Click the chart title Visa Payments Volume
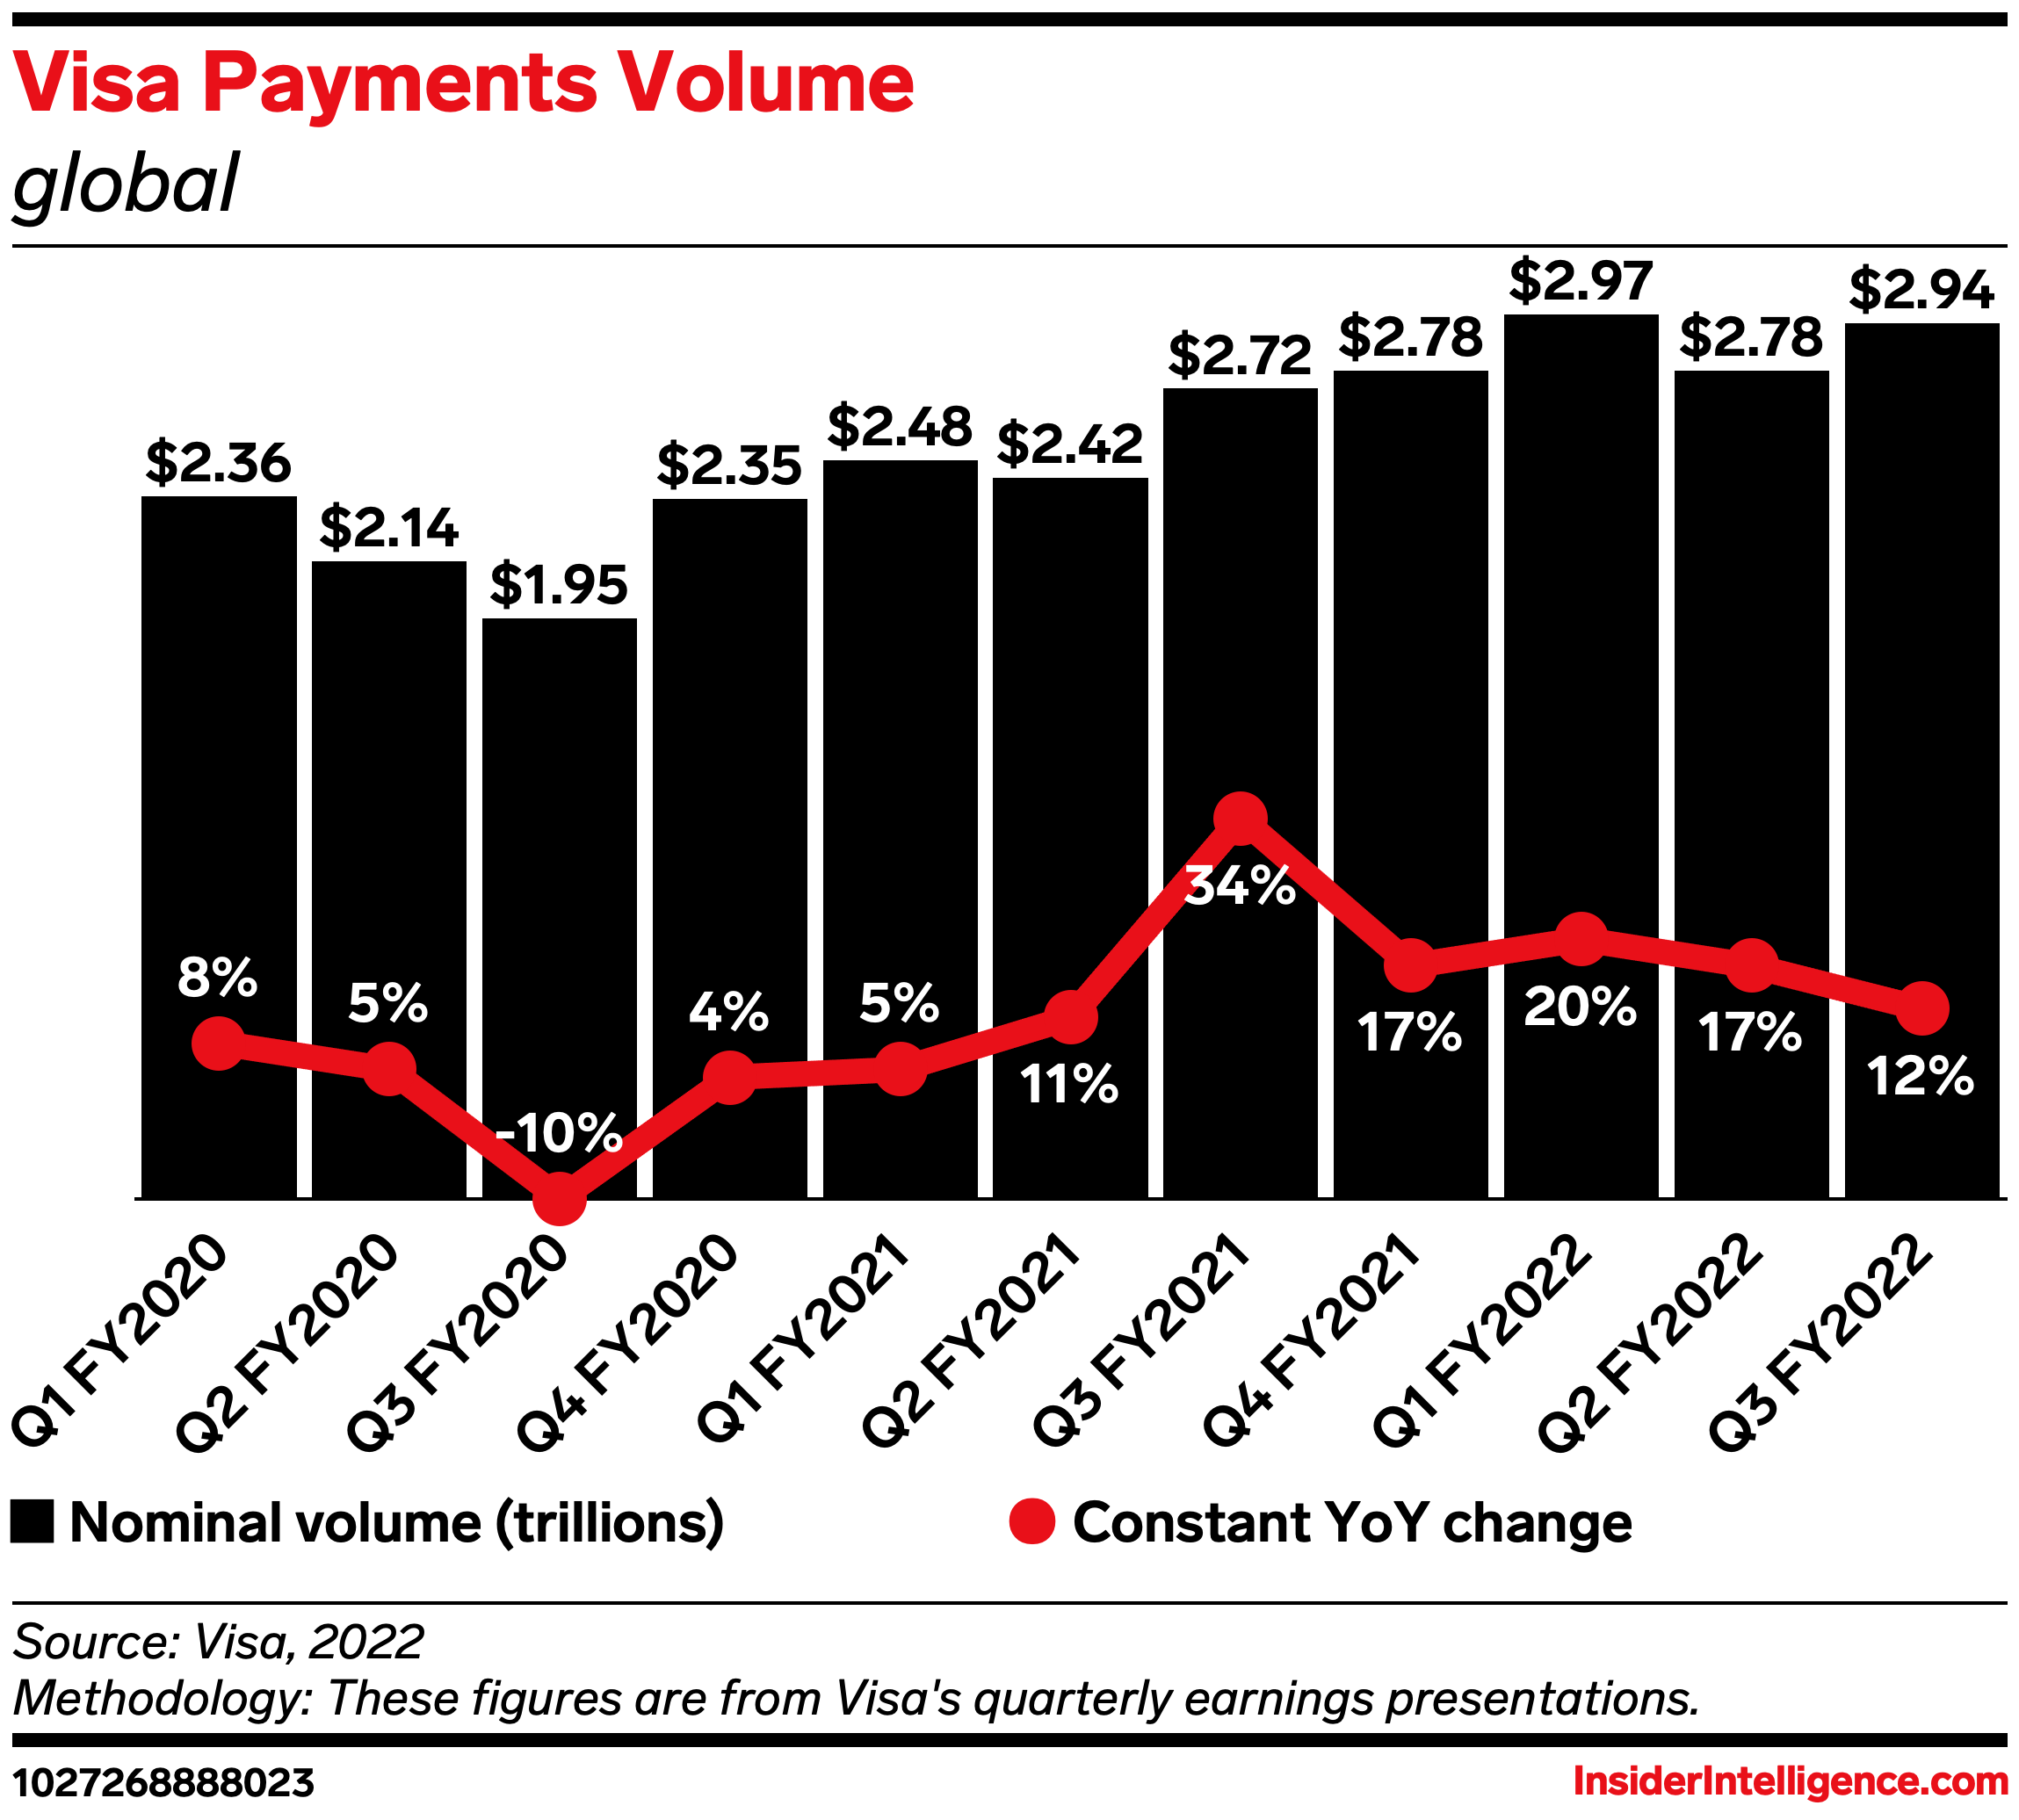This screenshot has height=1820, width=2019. tap(463, 82)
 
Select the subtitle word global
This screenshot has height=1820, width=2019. tap(126, 184)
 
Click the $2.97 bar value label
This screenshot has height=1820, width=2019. tap(1580, 280)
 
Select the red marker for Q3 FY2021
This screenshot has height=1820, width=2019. tap(1240, 818)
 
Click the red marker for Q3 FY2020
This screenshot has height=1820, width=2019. tap(559, 1198)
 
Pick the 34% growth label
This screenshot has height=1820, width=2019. tap(1240, 885)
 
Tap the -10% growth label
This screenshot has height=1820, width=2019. tap(559, 1133)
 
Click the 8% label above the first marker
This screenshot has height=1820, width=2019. tap(217, 977)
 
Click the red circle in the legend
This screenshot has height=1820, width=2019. tap(1032, 1522)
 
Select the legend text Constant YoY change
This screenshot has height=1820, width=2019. tap(1352, 1523)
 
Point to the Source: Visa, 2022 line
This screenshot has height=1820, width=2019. tap(218, 1641)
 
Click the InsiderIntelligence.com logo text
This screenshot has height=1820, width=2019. tap(1790, 1781)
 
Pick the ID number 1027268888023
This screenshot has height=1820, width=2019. tap(163, 1782)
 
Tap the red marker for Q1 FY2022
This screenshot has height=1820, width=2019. tap(1581, 938)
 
